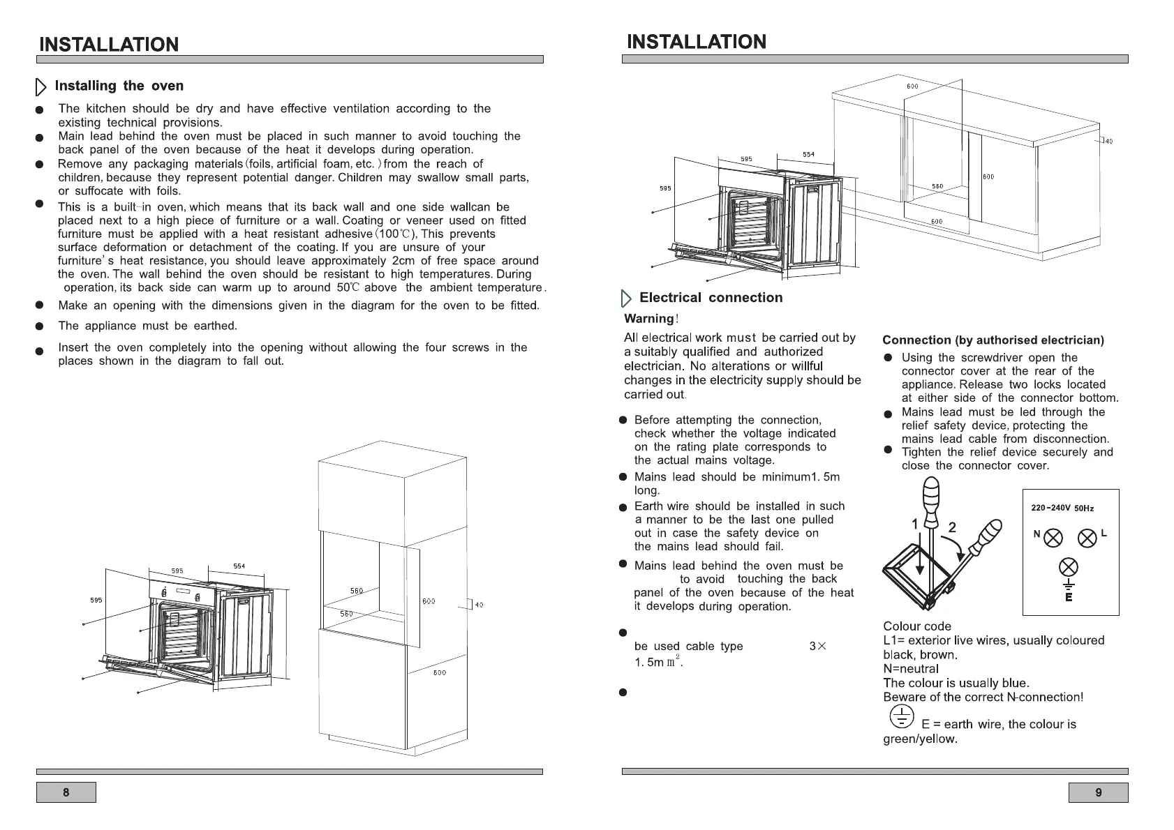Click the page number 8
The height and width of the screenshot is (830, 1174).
(x=66, y=792)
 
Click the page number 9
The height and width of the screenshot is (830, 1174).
(x=1098, y=792)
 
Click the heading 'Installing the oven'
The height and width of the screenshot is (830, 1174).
(x=119, y=86)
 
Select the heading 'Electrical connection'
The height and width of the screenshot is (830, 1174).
(x=711, y=298)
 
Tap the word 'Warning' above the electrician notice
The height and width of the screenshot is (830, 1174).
(x=648, y=319)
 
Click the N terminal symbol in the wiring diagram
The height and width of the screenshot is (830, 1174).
(x=1053, y=538)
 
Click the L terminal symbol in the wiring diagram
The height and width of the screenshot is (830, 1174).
(x=1087, y=538)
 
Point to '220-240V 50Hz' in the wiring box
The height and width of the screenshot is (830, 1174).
(x=1062, y=508)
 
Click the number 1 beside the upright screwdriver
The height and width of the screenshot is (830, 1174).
(x=915, y=523)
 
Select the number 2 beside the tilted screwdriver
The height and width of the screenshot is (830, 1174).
(x=951, y=527)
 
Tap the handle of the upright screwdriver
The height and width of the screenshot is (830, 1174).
(x=931, y=497)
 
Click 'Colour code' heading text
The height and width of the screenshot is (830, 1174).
(x=916, y=626)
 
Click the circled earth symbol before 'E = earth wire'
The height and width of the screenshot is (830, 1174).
(x=901, y=716)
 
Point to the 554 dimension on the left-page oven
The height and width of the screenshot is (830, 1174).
(x=239, y=566)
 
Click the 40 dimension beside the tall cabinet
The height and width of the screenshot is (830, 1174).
(x=478, y=605)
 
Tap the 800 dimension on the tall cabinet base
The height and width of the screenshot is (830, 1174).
(x=439, y=673)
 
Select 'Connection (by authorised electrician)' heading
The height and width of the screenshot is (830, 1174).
(x=993, y=340)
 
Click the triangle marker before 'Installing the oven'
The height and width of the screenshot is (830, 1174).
(x=40, y=87)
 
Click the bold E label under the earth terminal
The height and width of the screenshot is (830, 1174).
(x=1069, y=597)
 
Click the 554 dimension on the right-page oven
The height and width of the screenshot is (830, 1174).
(x=808, y=154)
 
